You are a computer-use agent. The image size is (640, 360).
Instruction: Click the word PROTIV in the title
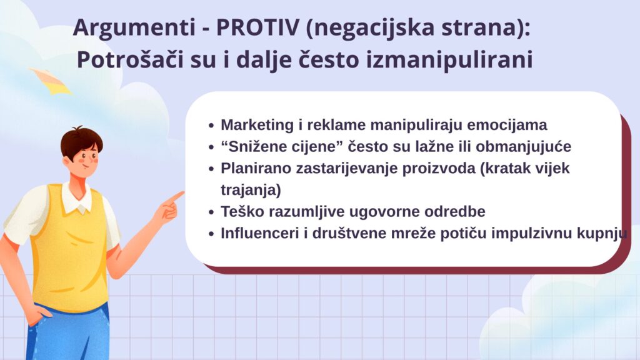coord(257,27)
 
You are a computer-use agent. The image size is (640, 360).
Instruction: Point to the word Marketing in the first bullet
coord(257,125)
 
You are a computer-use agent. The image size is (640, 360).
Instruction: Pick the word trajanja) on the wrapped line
coord(251,190)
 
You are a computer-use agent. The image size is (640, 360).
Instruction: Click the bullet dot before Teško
coord(211,212)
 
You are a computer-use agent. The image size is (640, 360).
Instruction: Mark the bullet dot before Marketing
coord(211,126)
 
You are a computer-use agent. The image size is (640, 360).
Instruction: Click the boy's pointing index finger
coord(175,197)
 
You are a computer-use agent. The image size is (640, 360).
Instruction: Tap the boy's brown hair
coord(81,141)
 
